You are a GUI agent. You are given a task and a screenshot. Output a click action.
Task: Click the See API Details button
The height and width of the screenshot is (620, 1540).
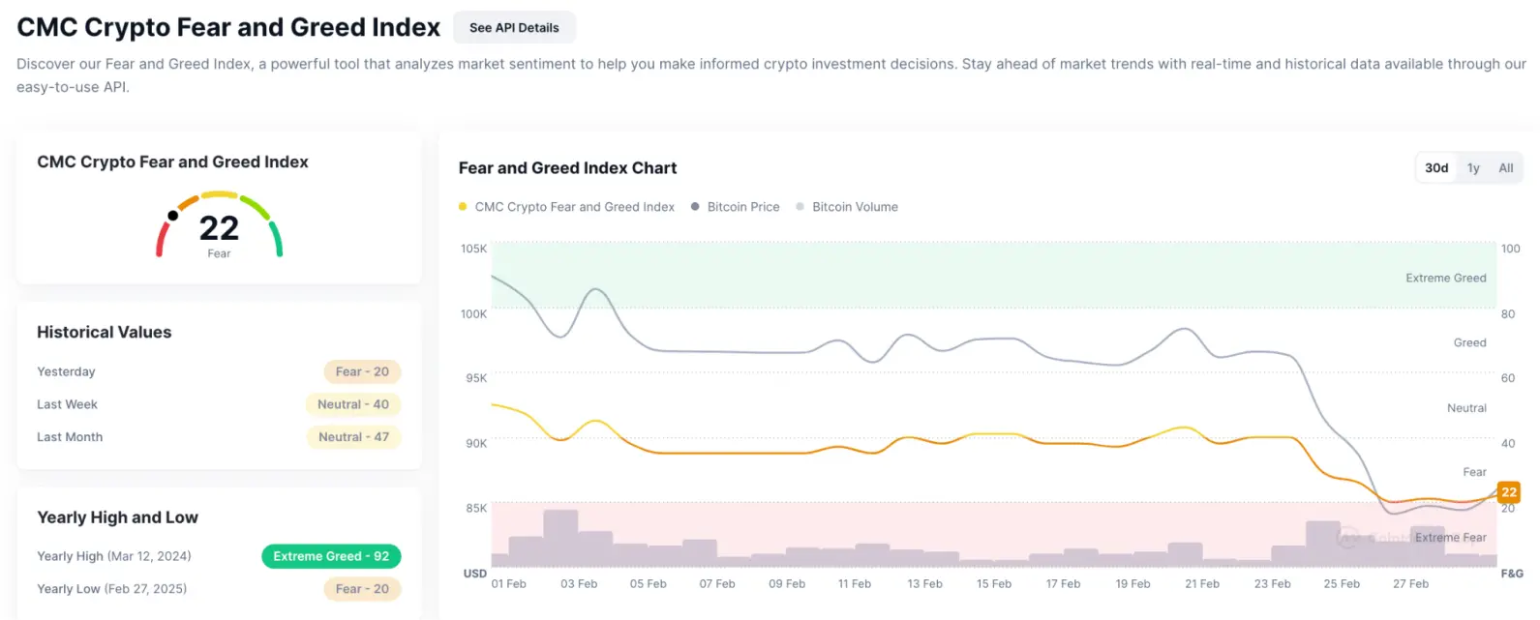[514, 28]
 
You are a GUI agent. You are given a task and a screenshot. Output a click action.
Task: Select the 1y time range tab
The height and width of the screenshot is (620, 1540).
[1473, 168]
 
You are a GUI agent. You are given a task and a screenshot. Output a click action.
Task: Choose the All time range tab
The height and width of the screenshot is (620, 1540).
[1505, 168]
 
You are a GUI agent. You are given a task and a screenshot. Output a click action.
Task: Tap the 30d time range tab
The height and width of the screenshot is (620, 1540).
[1436, 168]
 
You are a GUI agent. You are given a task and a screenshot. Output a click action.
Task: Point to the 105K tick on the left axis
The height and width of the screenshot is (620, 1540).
[474, 249]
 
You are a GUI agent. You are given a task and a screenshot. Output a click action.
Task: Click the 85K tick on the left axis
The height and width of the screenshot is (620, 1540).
[476, 508]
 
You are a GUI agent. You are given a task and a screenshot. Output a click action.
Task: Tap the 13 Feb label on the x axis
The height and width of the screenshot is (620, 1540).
[924, 584]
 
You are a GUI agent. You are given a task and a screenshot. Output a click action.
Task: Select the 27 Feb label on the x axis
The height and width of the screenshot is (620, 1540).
[1410, 584]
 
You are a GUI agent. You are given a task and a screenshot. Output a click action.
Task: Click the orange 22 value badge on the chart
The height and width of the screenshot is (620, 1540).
[1509, 492]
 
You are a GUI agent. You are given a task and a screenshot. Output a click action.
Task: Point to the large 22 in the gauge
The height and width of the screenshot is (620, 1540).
[219, 228]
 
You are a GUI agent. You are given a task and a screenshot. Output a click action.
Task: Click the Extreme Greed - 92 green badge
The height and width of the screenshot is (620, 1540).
[331, 556]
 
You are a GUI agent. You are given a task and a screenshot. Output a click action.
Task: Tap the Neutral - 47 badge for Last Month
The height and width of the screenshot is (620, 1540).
[353, 437]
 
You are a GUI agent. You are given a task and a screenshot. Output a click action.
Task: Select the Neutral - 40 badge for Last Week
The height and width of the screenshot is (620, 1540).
[353, 404]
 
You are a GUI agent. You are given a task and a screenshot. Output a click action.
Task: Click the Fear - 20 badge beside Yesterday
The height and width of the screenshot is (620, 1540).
[362, 371]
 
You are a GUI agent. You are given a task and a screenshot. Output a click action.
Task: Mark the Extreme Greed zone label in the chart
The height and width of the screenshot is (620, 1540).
[1445, 279]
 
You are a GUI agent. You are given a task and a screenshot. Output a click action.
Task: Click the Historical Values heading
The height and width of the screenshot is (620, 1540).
[105, 333]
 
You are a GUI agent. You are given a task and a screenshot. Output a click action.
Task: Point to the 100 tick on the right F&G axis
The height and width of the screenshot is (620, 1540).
[1510, 249]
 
